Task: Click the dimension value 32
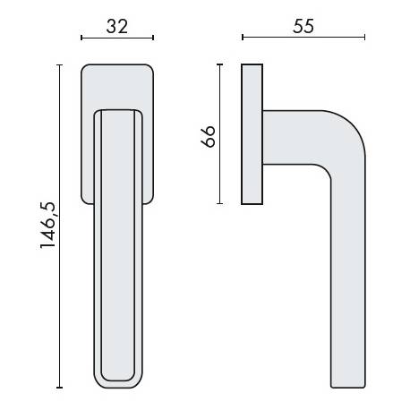[x=117, y=26]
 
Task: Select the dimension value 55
[x=304, y=26]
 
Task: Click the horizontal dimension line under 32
[x=117, y=38]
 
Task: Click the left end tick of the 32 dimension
[x=81, y=38]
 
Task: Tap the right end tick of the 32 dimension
[x=153, y=38]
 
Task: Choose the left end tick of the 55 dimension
[x=243, y=38]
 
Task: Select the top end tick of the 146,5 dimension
[x=60, y=64]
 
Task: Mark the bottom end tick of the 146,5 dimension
[x=60, y=388]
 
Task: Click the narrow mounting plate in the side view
[x=252, y=134]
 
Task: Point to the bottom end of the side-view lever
[x=349, y=383]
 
